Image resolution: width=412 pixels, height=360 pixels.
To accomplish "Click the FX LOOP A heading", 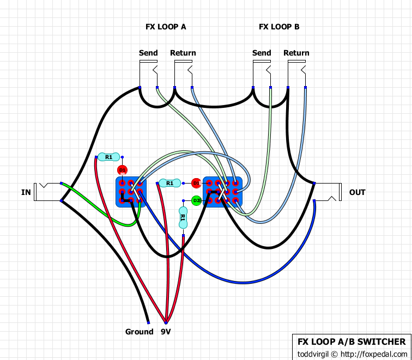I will click(166, 26).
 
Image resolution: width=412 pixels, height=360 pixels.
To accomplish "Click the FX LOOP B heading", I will click(278, 26).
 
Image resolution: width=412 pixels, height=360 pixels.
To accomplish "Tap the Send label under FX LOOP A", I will click(148, 53).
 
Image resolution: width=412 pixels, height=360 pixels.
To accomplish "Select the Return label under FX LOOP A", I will click(183, 53).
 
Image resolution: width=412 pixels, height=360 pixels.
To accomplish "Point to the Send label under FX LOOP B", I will click(262, 53).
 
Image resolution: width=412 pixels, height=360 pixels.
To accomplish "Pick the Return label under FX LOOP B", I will click(296, 53).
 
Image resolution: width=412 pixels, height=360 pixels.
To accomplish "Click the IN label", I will click(26, 192).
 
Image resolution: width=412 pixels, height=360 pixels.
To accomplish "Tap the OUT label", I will click(358, 192).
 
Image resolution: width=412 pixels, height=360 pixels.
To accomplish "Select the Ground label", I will click(139, 332).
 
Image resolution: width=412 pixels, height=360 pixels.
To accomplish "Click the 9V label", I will click(166, 332).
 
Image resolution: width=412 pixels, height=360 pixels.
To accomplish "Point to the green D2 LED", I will click(196, 201).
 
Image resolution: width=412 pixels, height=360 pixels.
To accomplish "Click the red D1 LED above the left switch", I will click(122, 170).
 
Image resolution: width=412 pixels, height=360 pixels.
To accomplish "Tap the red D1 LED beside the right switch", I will click(196, 183).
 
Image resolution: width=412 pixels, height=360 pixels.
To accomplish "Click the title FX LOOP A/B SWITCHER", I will click(352, 342).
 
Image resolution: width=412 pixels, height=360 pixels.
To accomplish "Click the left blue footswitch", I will click(131, 192).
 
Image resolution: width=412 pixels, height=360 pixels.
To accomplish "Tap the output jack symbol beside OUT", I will click(332, 192).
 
